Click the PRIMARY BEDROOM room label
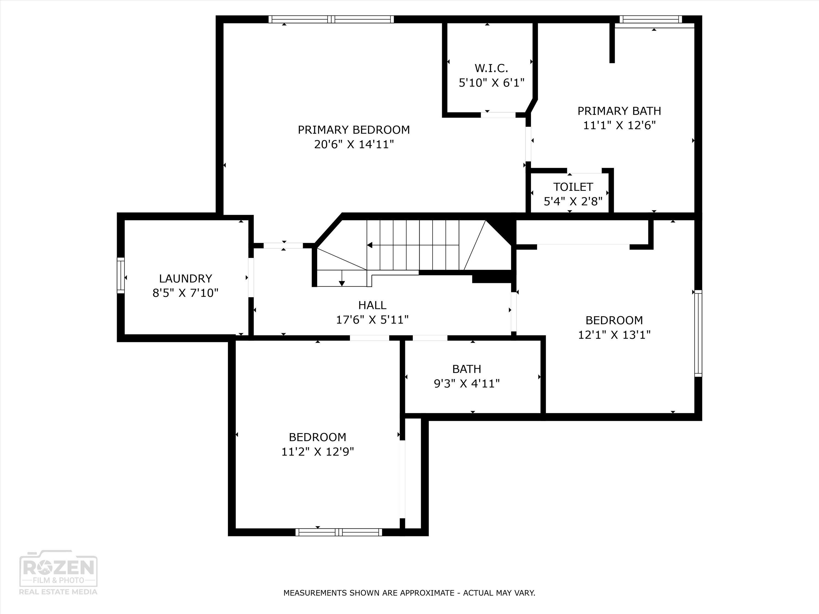(354, 130)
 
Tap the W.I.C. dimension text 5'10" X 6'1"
(492, 82)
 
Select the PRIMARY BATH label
(619, 111)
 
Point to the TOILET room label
(573, 187)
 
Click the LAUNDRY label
(185, 278)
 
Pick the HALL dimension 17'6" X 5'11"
(372, 319)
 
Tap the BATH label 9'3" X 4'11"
(467, 383)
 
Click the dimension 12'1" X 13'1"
(614, 335)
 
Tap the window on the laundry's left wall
(121, 276)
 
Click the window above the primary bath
(651, 20)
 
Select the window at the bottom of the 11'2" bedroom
(339, 532)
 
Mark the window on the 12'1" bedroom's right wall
(698, 333)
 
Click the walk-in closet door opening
(498, 115)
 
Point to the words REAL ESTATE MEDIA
(58, 591)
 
